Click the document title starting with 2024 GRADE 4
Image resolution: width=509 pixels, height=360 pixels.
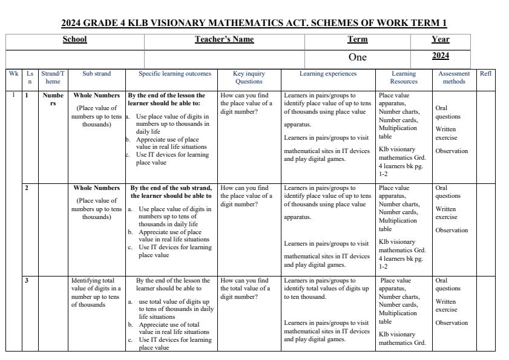(x=254, y=24)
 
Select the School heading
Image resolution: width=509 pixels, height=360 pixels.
(x=75, y=39)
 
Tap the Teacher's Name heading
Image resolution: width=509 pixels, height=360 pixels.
(x=224, y=39)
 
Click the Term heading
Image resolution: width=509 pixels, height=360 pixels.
(x=357, y=39)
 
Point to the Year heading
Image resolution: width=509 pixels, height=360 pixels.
(x=440, y=39)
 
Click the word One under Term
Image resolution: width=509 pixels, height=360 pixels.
(x=357, y=57)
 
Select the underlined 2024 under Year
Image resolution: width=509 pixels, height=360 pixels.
(x=440, y=56)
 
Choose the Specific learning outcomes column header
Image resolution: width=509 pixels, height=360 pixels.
(x=175, y=74)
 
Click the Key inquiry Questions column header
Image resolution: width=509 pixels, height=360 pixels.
(x=249, y=77)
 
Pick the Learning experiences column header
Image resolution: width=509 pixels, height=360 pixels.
(x=328, y=74)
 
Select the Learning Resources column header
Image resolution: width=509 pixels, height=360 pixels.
(x=404, y=77)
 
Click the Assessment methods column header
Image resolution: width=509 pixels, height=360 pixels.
(x=454, y=77)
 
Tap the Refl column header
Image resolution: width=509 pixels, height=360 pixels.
(x=485, y=74)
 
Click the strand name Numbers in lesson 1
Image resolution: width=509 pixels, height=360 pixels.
(x=53, y=99)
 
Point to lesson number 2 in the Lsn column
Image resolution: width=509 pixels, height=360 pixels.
(x=27, y=188)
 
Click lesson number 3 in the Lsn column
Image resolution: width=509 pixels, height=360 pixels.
(x=27, y=281)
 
